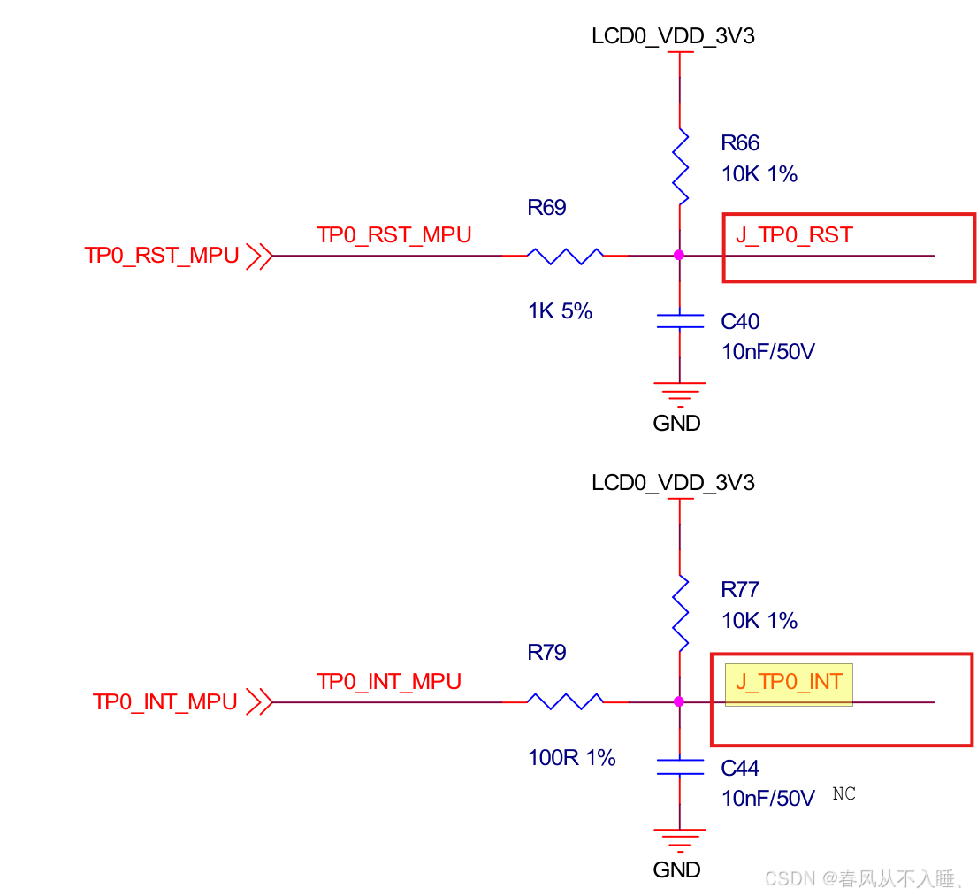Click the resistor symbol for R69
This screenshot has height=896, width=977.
tap(565, 256)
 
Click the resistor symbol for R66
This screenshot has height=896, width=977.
tap(679, 165)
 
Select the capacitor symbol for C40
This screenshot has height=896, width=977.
tap(679, 320)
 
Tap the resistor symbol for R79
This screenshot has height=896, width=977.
tap(565, 702)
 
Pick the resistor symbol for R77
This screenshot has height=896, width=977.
tap(679, 612)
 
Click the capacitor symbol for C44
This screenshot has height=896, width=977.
tap(679, 766)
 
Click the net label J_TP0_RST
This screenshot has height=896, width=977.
tap(794, 235)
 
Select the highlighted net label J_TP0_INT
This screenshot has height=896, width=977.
tap(789, 684)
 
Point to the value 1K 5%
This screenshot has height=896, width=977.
tap(560, 311)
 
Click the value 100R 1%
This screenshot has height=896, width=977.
tap(571, 758)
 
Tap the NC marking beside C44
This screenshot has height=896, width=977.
tap(843, 794)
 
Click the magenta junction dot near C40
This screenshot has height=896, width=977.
tap(679, 256)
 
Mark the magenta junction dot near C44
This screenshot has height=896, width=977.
tap(679, 702)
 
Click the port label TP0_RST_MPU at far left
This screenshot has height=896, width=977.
tap(162, 256)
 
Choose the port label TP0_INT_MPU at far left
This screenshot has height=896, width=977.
tap(165, 702)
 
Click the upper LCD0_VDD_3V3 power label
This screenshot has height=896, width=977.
tap(673, 37)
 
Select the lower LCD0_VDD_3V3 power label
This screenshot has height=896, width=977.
tap(673, 483)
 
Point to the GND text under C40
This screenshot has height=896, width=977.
tap(676, 423)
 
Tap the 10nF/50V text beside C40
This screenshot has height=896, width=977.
tap(767, 352)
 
